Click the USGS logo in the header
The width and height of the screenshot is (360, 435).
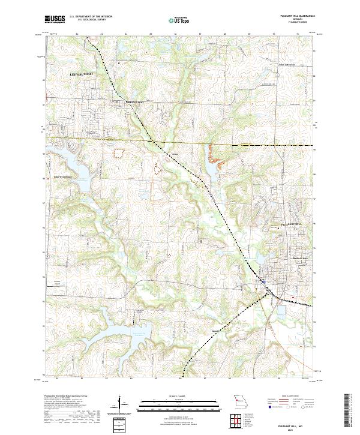[55, 19]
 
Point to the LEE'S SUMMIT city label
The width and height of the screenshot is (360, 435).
[83, 73]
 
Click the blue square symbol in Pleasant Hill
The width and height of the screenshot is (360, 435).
[263, 281]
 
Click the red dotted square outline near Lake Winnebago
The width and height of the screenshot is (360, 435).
[118, 152]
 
